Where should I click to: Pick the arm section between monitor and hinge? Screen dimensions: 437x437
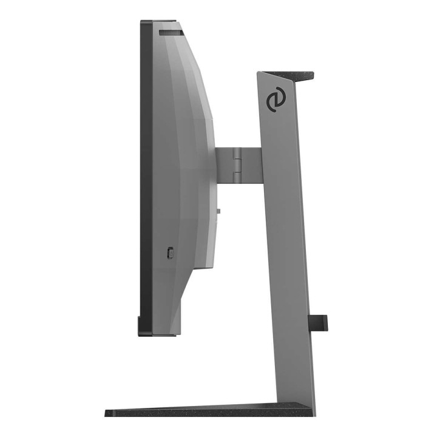point(223,164)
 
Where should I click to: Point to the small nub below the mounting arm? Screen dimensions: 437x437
point(218,212)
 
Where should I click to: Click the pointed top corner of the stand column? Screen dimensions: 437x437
point(259,73)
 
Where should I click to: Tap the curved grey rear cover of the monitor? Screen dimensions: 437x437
point(182,134)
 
